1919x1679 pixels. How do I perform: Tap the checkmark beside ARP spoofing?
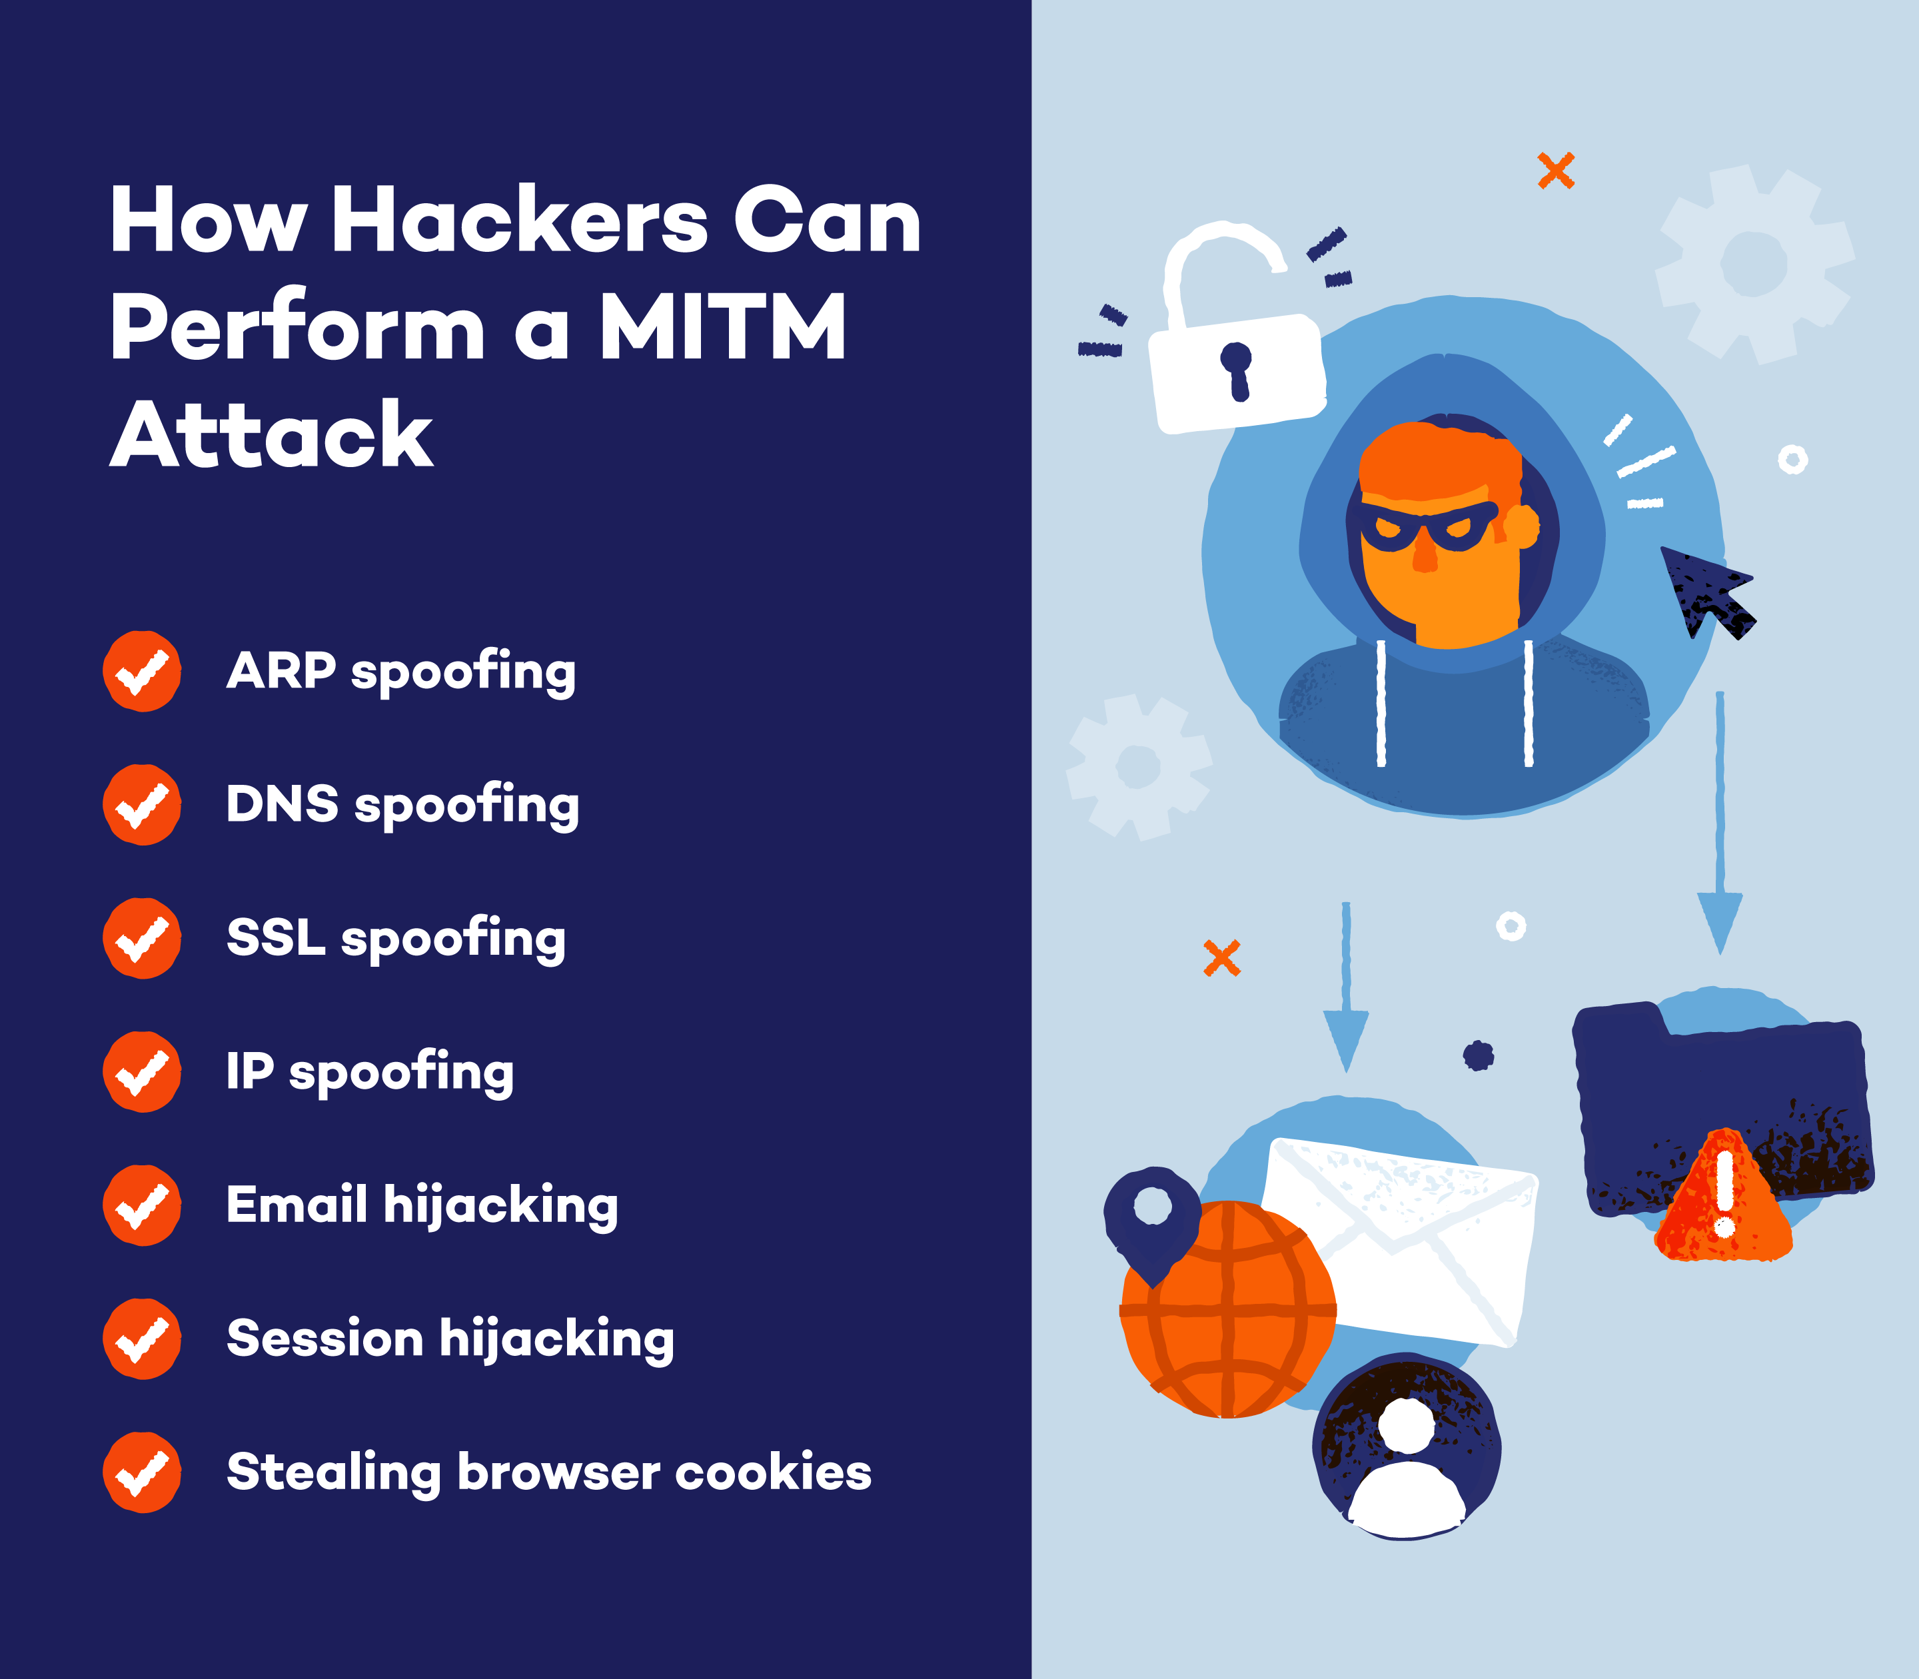tap(141, 671)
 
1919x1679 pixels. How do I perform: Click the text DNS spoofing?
tap(403, 805)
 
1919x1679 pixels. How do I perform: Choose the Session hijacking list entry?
tap(450, 1339)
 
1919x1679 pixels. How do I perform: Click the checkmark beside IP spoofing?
tap(141, 1072)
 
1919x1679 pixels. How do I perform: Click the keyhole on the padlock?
tap(1237, 369)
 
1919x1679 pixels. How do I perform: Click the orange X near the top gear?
tap(1555, 171)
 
